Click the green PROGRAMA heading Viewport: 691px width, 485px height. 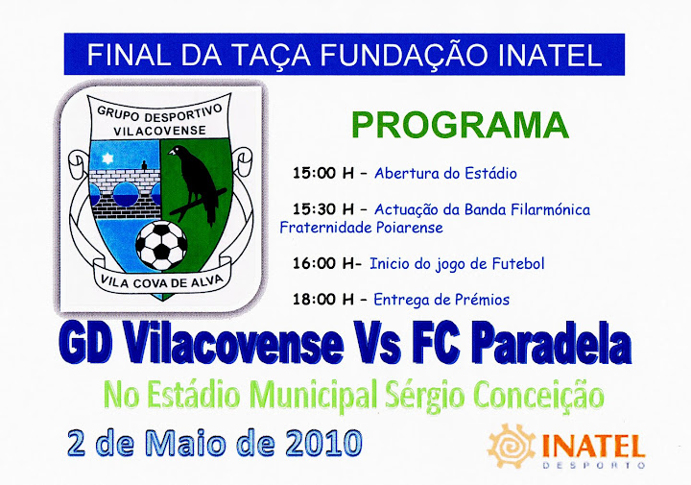(x=460, y=125)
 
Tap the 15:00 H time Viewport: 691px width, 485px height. (x=323, y=173)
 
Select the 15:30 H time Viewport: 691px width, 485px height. (x=323, y=209)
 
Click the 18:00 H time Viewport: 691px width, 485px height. (x=323, y=300)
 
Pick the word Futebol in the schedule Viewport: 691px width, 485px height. (x=518, y=264)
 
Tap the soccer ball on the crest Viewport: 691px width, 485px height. (x=161, y=246)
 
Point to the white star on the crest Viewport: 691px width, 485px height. (x=107, y=158)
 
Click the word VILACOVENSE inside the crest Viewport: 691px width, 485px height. (x=159, y=131)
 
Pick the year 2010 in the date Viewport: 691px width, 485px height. (x=323, y=443)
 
